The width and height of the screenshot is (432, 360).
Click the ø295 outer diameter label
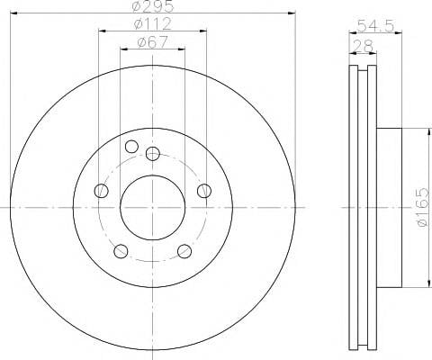[x=153, y=6]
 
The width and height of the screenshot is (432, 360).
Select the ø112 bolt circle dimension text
[x=153, y=23]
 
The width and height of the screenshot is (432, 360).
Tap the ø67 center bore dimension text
[x=152, y=42]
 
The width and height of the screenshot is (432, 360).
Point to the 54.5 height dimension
[x=375, y=26]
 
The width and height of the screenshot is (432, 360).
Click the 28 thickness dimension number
[x=364, y=46]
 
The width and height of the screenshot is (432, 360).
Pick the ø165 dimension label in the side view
[x=423, y=207]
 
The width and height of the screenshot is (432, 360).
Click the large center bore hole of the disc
[x=152, y=208]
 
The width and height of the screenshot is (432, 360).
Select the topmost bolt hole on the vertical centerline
[x=153, y=154]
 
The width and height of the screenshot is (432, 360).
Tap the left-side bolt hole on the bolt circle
[x=101, y=191]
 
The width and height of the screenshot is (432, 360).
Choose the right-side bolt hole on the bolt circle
[x=204, y=191]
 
